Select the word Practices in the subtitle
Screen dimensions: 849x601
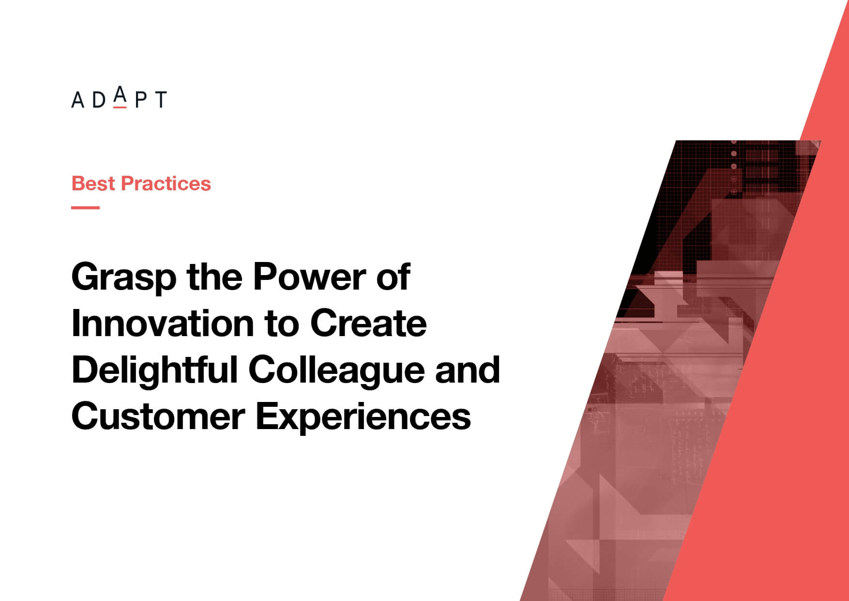tap(166, 184)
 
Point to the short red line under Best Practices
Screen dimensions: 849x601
tap(86, 207)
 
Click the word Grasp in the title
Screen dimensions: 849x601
tap(124, 278)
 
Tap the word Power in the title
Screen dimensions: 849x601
tap(309, 277)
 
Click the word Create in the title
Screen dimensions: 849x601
tap(368, 324)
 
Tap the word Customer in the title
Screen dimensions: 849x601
tap(158, 416)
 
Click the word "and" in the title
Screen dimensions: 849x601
tap(468, 370)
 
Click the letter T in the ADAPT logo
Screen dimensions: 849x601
tap(160, 100)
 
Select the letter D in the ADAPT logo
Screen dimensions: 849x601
tap(99, 100)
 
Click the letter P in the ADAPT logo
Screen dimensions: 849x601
tap(141, 100)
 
